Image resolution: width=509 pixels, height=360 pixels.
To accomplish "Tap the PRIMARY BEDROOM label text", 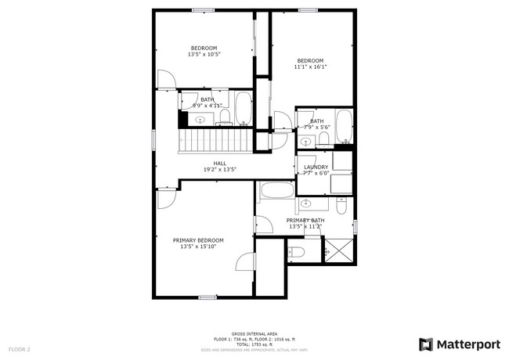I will (x=198, y=240).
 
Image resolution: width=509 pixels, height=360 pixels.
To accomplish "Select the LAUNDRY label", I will (x=316, y=167).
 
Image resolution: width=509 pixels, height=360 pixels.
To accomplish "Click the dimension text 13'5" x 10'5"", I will (x=204, y=55).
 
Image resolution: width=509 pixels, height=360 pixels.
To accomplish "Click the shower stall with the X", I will (x=338, y=250).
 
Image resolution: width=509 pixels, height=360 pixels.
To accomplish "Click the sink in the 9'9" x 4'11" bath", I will (x=200, y=120).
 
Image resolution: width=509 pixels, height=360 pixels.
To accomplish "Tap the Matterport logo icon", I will (x=426, y=344).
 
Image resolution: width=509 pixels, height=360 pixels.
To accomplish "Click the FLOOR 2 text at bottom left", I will (x=20, y=348).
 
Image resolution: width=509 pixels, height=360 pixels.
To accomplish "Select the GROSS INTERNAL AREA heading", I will (x=254, y=333).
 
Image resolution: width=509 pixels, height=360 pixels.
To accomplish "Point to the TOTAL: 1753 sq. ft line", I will (x=254, y=344).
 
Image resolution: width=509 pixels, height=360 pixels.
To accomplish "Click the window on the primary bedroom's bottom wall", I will (x=207, y=297).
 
